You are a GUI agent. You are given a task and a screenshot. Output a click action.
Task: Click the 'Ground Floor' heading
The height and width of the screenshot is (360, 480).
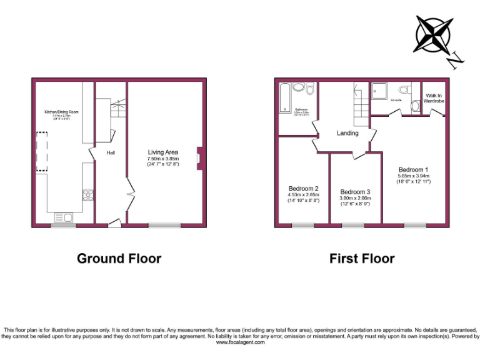click(x=119, y=258)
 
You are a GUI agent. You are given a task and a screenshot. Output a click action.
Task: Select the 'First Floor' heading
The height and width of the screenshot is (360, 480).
click(x=362, y=258)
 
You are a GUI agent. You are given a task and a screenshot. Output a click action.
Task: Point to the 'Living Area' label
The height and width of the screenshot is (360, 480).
click(x=163, y=152)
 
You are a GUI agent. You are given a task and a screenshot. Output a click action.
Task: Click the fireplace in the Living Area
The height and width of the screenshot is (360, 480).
click(x=199, y=157)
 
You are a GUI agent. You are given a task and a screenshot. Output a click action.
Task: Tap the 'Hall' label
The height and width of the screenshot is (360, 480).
click(x=110, y=152)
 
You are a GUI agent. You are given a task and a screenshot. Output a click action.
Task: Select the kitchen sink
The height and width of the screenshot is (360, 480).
click(x=63, y=217)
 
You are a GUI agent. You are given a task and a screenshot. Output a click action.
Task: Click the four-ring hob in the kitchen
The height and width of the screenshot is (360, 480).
click(x=87, y=195)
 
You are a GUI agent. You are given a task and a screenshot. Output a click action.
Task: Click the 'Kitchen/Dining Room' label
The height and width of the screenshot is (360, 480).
click(x=61, y=112)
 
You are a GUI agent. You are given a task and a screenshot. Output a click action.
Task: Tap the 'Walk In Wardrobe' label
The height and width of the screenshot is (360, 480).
click(x=433, y=98)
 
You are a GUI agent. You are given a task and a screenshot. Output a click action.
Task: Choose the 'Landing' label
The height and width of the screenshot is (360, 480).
click(x=347, y=133)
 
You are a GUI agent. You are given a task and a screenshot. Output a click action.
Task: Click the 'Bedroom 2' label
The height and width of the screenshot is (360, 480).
click(x=304, y=188)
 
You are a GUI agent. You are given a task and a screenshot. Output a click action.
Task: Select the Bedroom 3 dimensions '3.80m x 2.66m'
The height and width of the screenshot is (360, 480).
click(x=355, y=199)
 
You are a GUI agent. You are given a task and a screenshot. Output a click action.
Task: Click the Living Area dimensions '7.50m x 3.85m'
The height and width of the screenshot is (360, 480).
click(x=163, y=159)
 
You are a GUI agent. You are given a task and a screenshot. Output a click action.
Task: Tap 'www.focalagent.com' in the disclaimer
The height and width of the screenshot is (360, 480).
click(x=239, y=342)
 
